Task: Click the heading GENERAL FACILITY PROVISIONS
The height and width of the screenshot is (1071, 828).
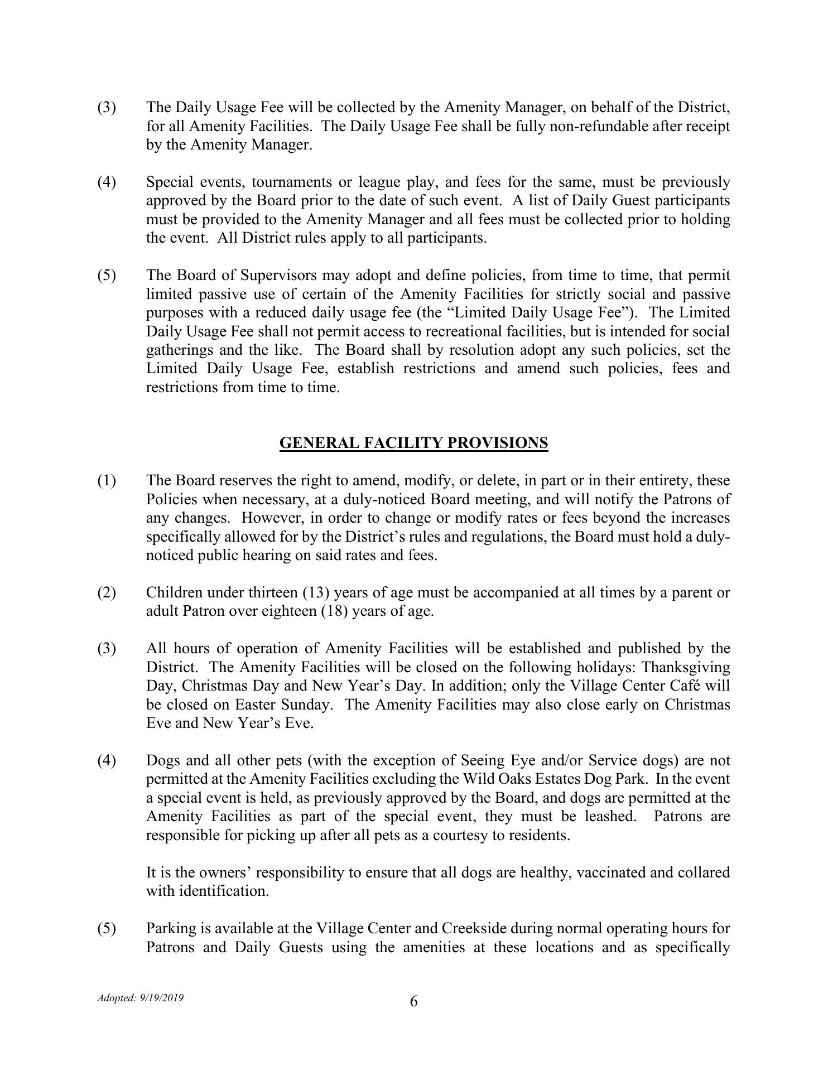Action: (x=413, y=443)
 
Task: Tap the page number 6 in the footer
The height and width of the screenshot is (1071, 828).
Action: (x=413, y=1002)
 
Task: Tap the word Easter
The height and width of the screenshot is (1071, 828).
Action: (x=255, y=705)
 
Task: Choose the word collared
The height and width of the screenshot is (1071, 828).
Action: (x=703, y=872)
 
